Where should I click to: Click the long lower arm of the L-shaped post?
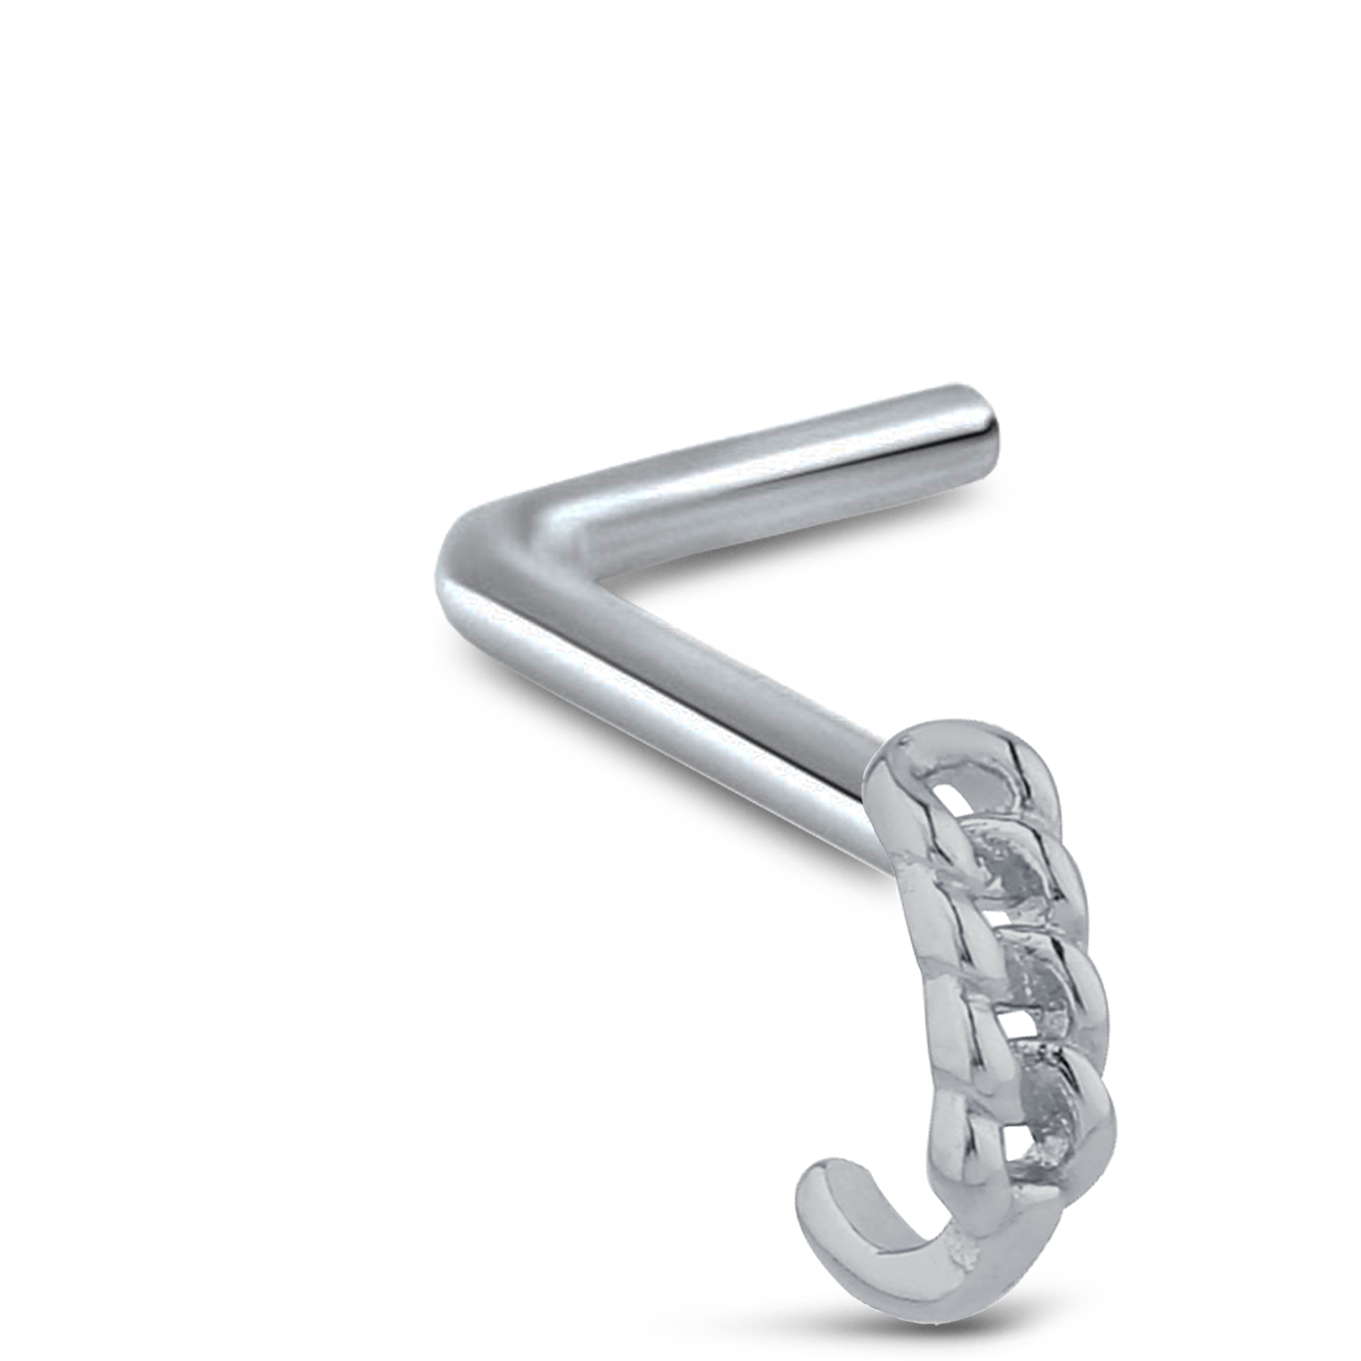click(683, 707)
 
